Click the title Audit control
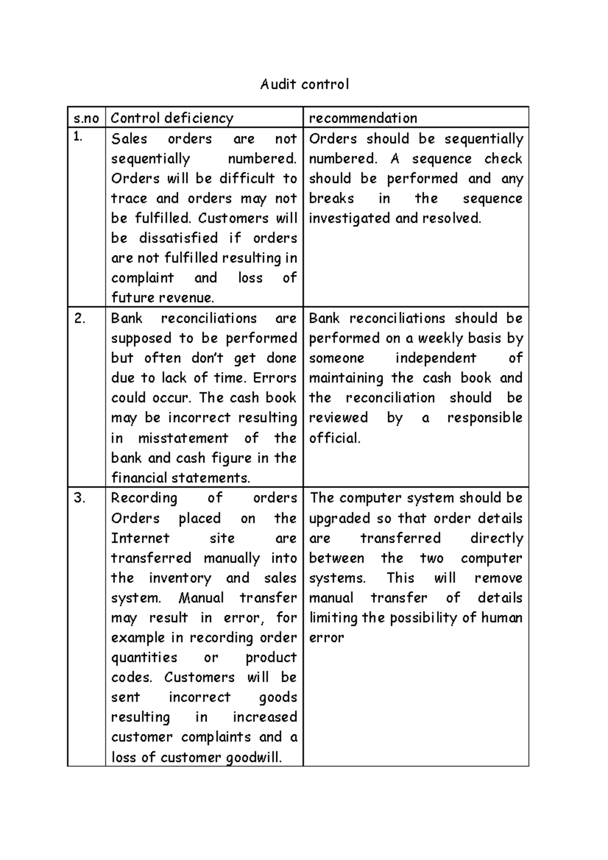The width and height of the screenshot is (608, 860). point(305,84)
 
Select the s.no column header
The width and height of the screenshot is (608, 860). point(86,118)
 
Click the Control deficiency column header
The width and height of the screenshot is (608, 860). point(172,118)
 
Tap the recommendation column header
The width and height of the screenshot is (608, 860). point(363,118)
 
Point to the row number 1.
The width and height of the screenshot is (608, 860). point(77,137)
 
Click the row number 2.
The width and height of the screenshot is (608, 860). point(80,318)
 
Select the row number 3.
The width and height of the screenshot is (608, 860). point(80,498)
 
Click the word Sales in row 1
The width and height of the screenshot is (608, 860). point(129,139)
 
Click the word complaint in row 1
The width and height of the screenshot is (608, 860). point(142,278)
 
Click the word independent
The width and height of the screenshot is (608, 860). point(436,358)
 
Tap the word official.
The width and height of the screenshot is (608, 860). point(334,438)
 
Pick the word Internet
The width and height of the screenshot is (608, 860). point(140,538)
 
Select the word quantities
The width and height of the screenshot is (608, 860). point(144,657)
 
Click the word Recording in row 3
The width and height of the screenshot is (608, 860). point(144,498)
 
